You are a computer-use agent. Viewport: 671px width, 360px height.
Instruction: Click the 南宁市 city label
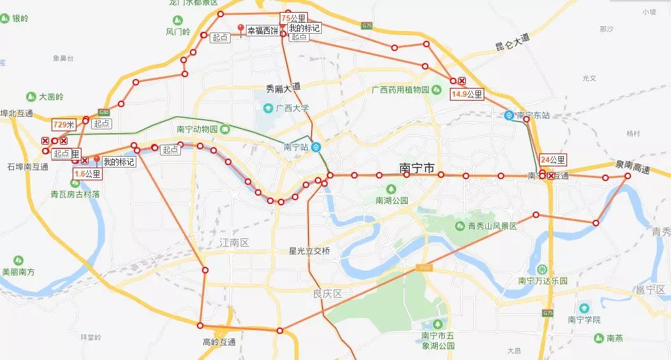[x=417, y=168]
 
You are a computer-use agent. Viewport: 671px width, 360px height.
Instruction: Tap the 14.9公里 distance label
[x=467, y=94]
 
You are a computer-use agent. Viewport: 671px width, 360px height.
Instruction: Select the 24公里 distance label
[x=552, y=160]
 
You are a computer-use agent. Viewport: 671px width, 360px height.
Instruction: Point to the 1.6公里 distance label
[x=87, y=173]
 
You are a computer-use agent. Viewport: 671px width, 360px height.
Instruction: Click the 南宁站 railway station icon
[x=317, y=147]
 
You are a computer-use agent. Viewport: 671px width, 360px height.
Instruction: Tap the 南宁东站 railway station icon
[x=509, y=115]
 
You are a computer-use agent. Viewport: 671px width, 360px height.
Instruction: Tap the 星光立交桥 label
[x=309, y=251]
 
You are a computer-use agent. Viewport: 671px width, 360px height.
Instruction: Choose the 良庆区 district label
[x=328, y=294]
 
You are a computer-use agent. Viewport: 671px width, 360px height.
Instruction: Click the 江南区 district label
[x=234, y=243]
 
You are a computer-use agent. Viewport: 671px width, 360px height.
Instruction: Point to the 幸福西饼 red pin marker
[x=240, y=28]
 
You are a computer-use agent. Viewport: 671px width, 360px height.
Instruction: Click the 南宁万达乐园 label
[x=542, y=280]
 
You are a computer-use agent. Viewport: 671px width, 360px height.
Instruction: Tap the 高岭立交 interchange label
[x=219, y=343]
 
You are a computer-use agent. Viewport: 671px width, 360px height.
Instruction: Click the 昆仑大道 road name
[x=512, y=44]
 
